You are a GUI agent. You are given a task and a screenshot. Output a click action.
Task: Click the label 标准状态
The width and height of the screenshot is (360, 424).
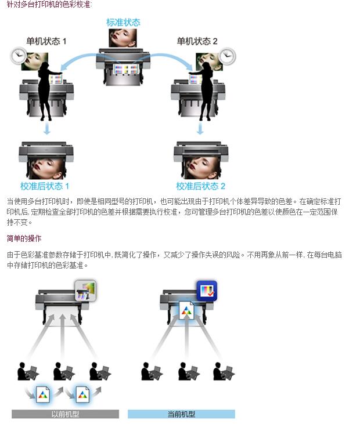(123, 23)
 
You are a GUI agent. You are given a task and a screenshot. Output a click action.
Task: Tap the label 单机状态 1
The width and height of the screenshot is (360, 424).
(46, 42)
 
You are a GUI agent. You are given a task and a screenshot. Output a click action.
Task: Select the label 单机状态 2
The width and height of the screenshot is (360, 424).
(197, 42)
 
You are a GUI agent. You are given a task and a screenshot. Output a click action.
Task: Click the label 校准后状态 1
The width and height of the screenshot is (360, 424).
(45, 186)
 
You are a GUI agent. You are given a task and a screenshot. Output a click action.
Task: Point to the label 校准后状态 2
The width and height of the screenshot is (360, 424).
(201, 186)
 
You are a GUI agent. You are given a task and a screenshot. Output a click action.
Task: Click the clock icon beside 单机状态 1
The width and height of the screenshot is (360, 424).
(18, 56)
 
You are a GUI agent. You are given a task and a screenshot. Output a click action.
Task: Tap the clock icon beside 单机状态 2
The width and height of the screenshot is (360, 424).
(227, 56)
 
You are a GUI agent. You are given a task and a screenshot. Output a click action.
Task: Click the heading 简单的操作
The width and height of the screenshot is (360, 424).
(24, 238)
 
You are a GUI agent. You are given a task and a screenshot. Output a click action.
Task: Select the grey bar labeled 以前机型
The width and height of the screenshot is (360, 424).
(65, 414)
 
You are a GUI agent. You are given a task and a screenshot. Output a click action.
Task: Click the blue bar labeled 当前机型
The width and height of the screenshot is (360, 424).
(181, 414)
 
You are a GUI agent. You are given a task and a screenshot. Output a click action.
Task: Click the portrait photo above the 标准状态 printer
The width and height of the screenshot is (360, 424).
(123, 38)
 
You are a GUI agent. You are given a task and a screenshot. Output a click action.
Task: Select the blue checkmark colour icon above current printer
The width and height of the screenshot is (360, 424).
(206, 289)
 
